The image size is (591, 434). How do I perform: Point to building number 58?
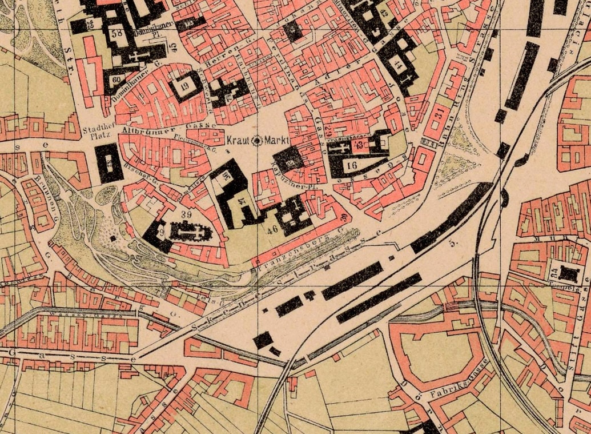tap(119, 33)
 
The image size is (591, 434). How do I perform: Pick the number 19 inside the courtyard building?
tap(185, 86)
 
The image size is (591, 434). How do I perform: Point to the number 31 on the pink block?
tap(439, 116)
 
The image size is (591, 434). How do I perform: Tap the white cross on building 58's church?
tap(136, 56)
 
